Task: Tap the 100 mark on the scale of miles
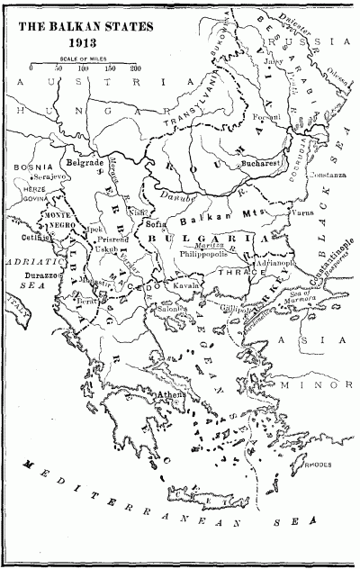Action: pos(84,68)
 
